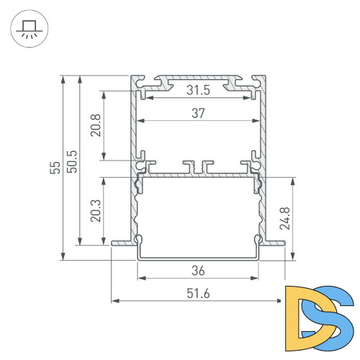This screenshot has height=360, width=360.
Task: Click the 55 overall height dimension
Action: click(x=54, y=168)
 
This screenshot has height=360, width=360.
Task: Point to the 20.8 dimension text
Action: click(x=95, y=125)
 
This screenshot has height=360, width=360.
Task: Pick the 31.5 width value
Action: click(x=198, y=90)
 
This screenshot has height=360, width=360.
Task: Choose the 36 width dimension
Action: click(x=198, y=271)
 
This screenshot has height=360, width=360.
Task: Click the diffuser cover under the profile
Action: click(x=198, y=256)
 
